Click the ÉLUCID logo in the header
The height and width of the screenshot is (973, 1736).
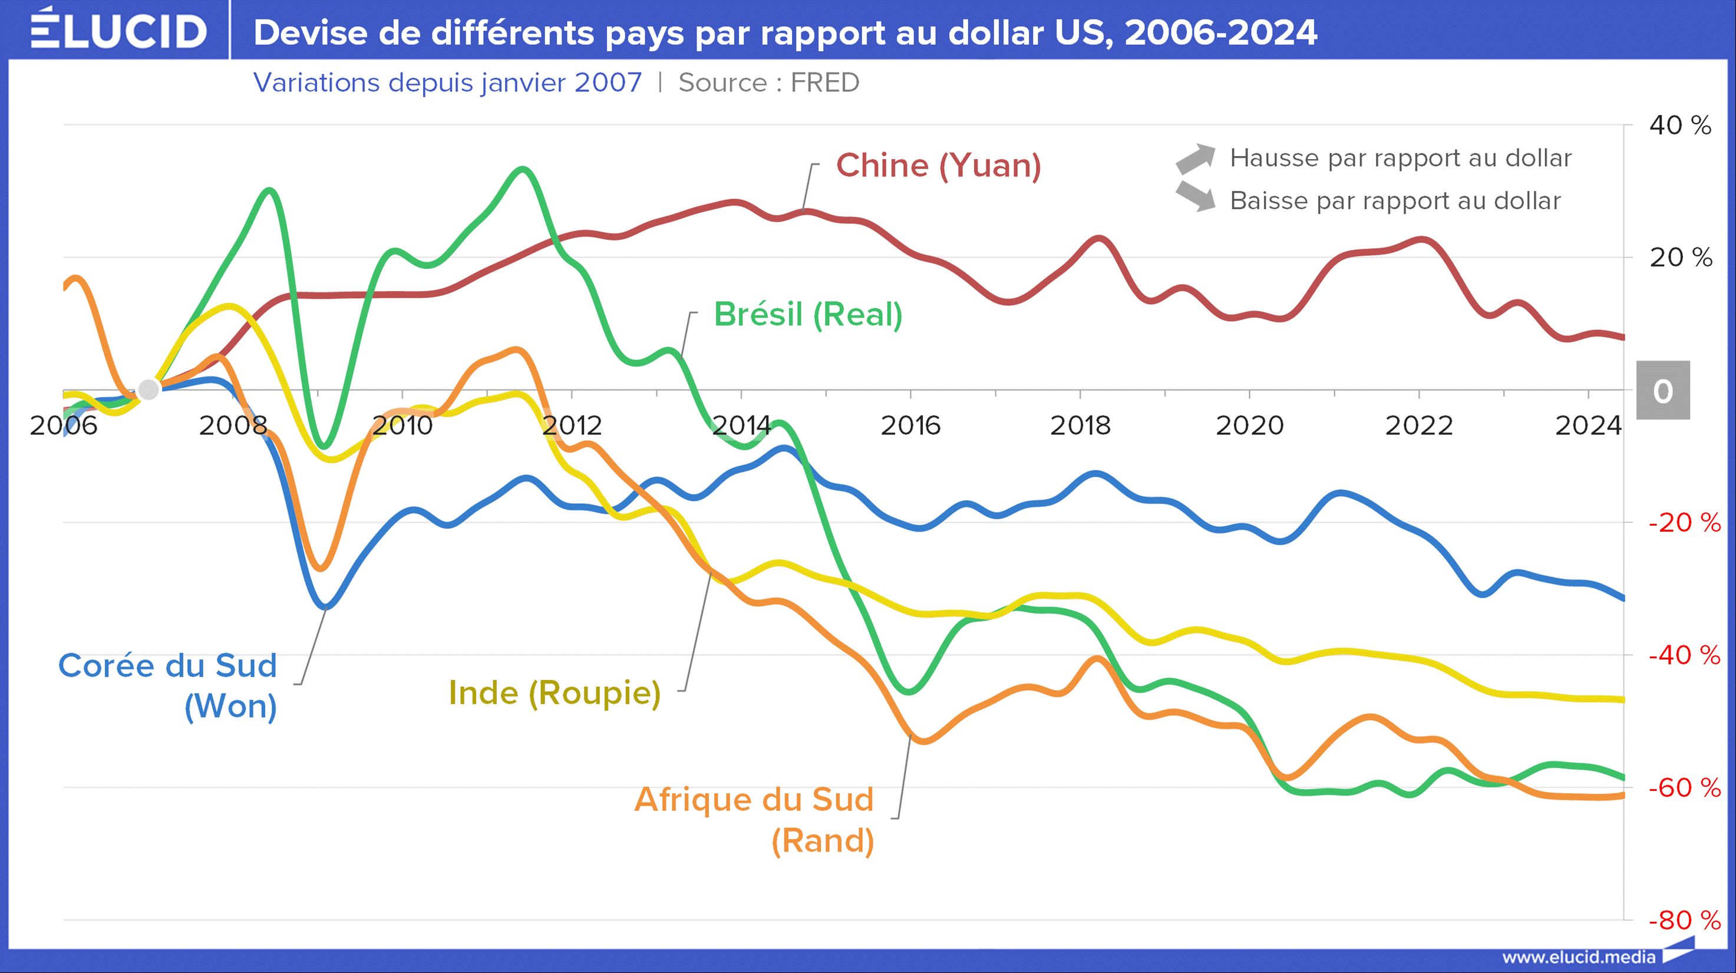coord(118,30)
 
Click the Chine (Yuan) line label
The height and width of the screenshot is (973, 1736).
coord(938,166)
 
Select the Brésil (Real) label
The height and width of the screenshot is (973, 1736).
coord(807,315)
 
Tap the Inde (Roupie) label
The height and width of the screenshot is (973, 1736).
coord(554,692)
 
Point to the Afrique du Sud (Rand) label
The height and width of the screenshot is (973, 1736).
coord(755,819)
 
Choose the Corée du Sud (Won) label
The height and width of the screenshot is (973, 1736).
coord(168,685)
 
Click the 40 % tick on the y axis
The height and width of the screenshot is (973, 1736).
coord(1680,126)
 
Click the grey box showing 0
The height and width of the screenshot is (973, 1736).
coord(1662,391)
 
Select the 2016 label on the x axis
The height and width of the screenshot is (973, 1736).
coord(910,426)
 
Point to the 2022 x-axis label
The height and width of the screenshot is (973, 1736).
coord(1418,426)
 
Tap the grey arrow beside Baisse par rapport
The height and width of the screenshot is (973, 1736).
coord(1195,196)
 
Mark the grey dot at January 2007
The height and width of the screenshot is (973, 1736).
coord(148,390)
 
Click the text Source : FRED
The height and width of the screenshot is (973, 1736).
coord(768,83)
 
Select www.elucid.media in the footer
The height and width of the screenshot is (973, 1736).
coord(1578,957)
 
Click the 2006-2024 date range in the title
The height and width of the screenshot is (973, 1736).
coord(1220,32)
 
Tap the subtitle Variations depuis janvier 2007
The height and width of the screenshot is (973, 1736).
coord(447,83)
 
